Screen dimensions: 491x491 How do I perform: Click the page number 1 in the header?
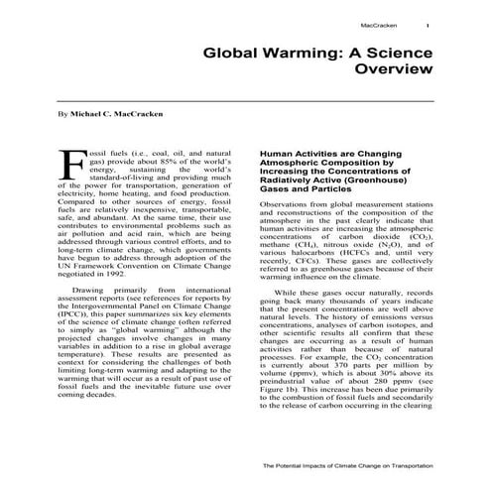tap(428, 26)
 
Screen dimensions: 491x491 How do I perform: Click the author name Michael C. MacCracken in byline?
tap(117, 116)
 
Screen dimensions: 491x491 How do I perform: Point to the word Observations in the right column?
tap(288, 203)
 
